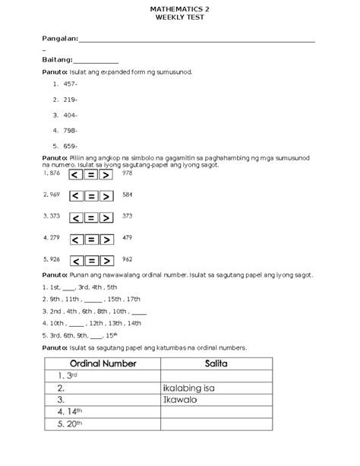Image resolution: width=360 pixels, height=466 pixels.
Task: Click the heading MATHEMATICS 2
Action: tap(179, 8)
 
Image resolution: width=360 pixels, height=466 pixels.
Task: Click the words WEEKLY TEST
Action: tap(179, 17)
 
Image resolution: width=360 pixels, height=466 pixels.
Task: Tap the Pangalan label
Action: tap(59, 37)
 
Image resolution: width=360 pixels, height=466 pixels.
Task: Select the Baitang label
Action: tap(57, 59)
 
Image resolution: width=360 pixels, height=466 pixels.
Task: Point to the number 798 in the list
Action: tap(71, 130)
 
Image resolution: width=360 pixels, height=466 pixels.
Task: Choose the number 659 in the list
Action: tap(71, 145)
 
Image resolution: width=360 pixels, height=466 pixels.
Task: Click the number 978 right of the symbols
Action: tap(127, 173)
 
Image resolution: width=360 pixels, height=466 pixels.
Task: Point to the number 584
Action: tap(127, 195)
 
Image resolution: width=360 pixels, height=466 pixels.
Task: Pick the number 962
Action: tap(127, 259)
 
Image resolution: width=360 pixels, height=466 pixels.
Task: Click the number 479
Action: tap(127, 238)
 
